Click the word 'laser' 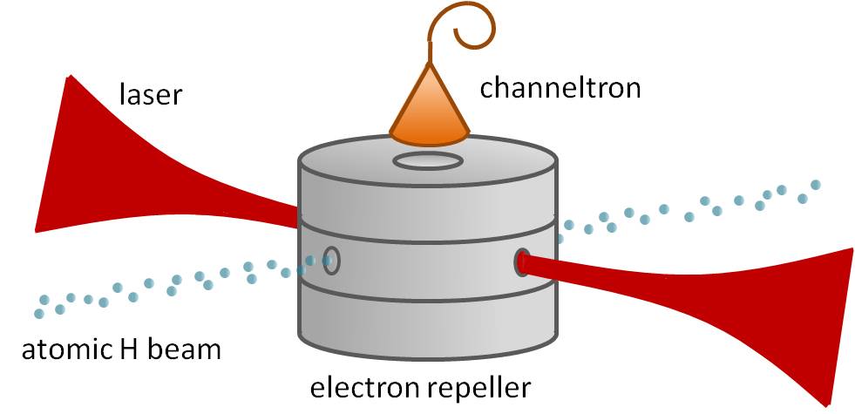click(150, 92)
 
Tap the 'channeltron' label click(560, 86)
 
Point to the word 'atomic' click(64, 350)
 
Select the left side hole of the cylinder click(331, 261)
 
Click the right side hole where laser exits click(522, 261)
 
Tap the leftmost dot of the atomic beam click(39, 312)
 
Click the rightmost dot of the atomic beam click(816, 185)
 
